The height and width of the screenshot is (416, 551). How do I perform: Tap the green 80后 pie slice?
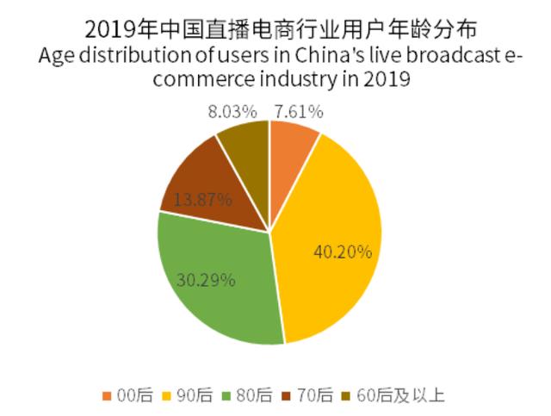220,276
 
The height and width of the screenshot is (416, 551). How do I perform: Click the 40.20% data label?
343,252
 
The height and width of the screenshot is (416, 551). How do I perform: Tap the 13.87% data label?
203,200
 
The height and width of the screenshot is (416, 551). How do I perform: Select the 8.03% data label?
229,111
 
